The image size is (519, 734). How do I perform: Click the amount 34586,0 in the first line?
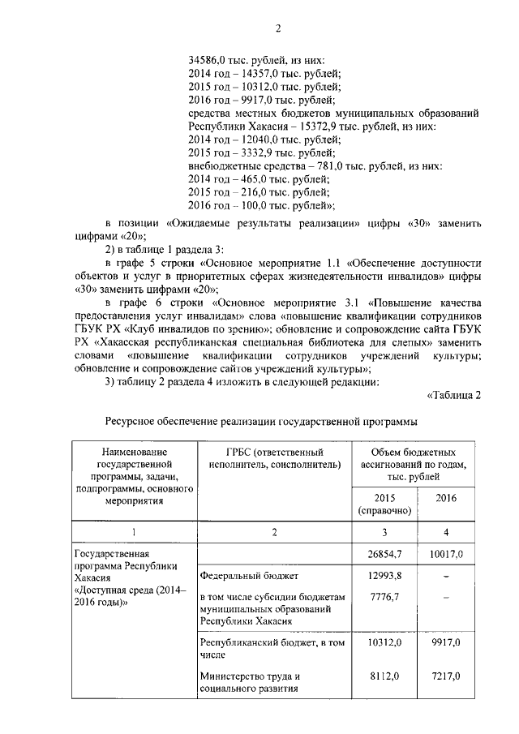click(x=208, y=60)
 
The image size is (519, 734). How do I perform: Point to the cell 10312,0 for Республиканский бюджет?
click(x=386, y=642)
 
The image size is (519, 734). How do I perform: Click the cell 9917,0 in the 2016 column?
click(x=446, y=642)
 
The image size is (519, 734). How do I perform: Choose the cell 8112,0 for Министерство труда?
click(x=386, y=676)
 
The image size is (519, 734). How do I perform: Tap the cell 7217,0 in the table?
click(x=446, y=676)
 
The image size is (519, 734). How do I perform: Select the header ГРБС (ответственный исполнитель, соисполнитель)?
click(x=271, y=458)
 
